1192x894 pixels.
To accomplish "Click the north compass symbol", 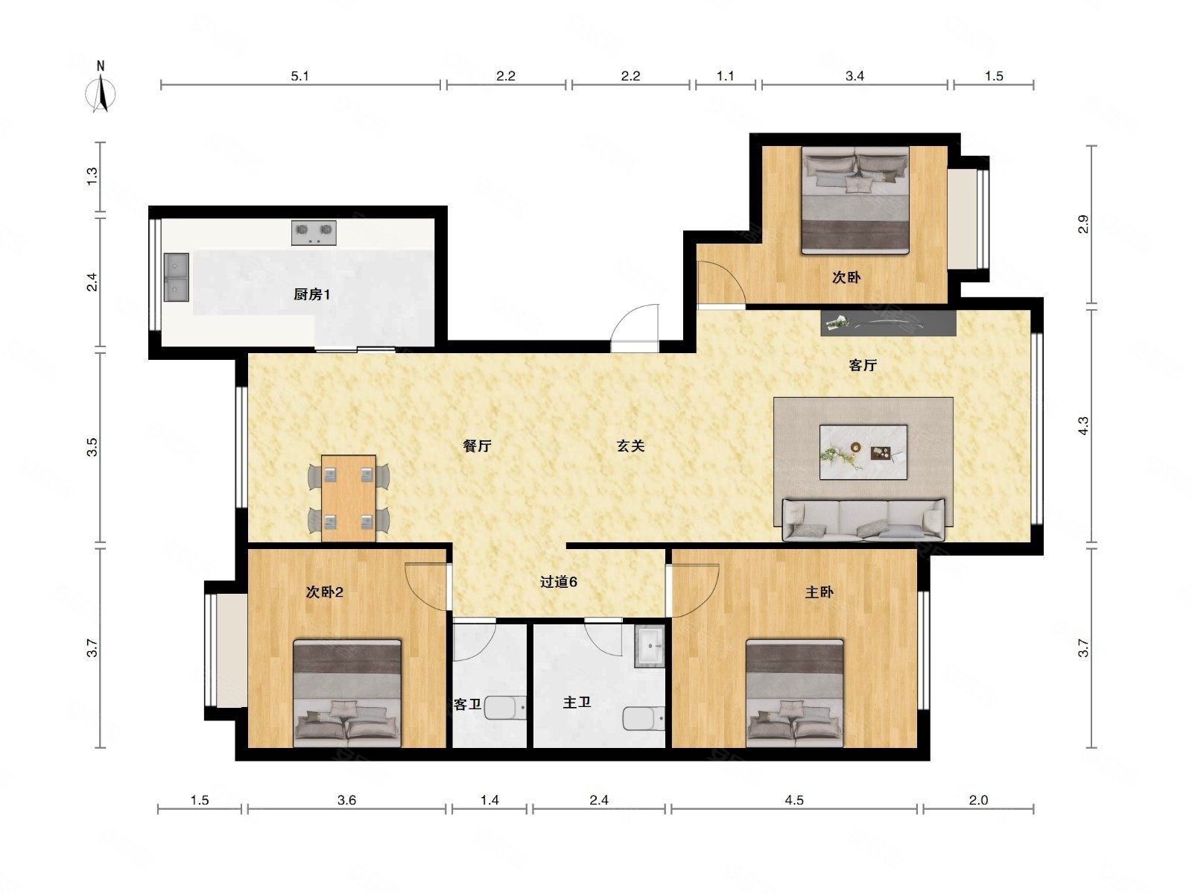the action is point(101,89).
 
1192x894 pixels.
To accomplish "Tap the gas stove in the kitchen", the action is point(314,232).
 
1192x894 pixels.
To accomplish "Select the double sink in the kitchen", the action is point(177,277).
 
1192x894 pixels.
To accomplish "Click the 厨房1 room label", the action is point(311,295).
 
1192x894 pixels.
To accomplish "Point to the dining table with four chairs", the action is point(349,498).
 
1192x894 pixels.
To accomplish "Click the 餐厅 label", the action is point(478,446).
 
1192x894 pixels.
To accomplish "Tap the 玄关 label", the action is point(630,446).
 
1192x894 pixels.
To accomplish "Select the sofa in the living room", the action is point(863,519).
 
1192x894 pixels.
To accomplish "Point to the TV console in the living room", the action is point(888,323).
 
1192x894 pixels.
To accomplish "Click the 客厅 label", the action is point(863,365).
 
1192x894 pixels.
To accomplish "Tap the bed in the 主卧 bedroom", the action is point(794,693).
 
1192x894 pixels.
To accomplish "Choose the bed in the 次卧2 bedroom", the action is point(347,693).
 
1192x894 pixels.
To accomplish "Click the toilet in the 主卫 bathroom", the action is point(644,718).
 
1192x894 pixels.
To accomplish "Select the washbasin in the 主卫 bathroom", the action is point(650,646).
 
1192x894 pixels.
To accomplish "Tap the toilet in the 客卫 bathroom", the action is point(506,708).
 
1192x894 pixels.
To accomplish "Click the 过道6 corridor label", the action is point(558,582).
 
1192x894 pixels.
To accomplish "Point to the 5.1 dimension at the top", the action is point(299,76).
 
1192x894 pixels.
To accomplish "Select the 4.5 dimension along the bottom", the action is point(794,800).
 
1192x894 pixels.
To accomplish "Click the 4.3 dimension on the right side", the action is point(1083,425).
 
